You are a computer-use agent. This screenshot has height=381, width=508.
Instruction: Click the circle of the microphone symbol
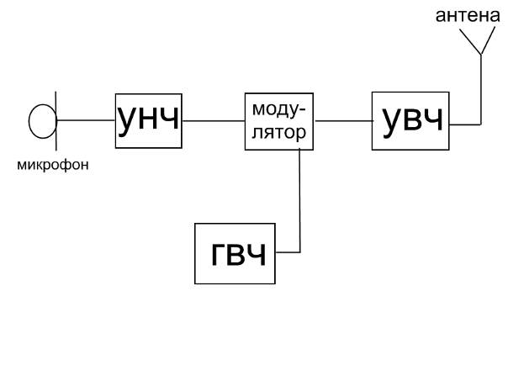click(40, 121)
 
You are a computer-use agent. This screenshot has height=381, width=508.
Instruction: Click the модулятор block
click(280, 120)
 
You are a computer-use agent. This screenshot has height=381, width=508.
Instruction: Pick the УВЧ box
click(411, 120)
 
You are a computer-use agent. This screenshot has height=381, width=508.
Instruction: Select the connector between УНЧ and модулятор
click(213, 121)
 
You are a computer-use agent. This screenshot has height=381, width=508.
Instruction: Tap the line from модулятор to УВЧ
click(344, 121)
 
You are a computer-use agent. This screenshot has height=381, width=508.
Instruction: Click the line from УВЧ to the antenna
click(480, 101)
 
